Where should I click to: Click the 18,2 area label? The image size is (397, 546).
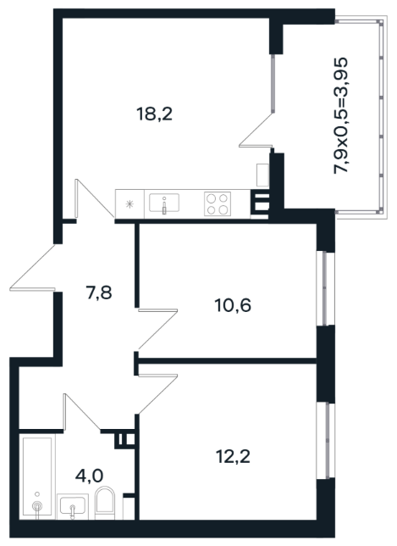(x=155, y=114)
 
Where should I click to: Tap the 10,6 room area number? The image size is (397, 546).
(x=233, y=305)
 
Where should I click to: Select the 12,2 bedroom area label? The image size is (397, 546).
(x=233, y=456)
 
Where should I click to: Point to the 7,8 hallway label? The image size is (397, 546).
(x=99, y=292)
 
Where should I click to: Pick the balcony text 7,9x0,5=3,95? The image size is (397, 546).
(x=340, y=115)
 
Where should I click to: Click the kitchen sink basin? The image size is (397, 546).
(x=164, y=203)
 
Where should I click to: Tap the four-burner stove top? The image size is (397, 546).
(x=218, y=203)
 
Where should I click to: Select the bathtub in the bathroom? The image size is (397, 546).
(x=37, y=478)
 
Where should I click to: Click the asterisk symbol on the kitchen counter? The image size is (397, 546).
(x=130, y=204)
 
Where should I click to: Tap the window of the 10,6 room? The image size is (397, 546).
(x=325, y=288)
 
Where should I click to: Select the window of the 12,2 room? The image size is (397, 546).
(x=325, y=441)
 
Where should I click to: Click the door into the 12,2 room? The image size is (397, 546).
(x=157, y=394)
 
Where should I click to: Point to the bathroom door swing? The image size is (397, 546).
(x=82, y=412)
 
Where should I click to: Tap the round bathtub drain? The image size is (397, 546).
(x=37, y=505)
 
